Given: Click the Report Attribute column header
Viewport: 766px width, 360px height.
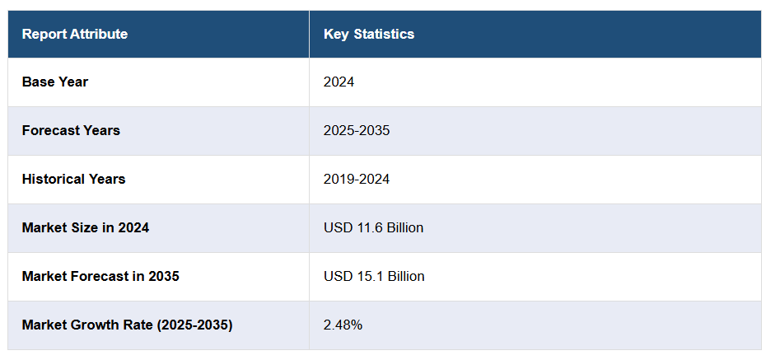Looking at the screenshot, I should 75,34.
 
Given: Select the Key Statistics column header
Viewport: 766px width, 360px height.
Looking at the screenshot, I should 369,34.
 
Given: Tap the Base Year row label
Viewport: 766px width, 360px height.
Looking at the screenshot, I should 55,82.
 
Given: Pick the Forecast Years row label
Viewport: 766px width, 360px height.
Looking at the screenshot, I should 71,130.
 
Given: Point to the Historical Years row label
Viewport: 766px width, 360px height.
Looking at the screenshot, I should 74,179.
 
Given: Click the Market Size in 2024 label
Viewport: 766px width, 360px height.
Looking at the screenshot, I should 86,227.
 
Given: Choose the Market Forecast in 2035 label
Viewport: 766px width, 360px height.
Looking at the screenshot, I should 100,276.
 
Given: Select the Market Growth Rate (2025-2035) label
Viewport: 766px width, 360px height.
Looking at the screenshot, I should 128,325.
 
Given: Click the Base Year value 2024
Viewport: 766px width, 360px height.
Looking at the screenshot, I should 339,82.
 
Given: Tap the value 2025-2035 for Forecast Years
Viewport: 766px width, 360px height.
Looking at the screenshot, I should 357,130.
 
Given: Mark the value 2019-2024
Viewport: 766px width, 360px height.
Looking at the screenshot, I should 357,179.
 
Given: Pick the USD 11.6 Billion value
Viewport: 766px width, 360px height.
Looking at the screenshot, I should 373,227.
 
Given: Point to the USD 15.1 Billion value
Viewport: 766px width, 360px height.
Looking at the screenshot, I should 374,276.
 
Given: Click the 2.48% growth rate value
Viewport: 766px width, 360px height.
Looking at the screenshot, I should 343,325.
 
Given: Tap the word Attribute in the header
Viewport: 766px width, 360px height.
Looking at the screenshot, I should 99,34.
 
